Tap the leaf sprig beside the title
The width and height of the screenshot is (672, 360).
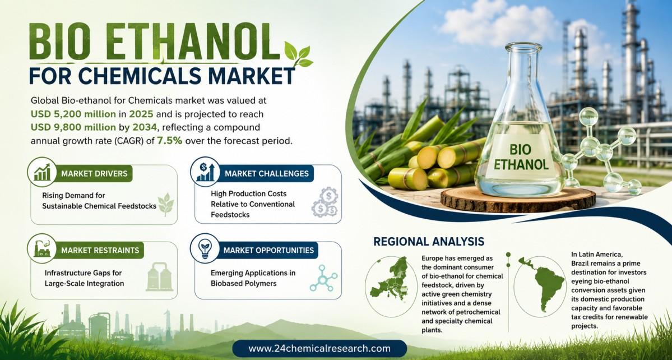[x=298, y=56]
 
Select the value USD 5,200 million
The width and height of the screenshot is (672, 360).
[x=73, y=114]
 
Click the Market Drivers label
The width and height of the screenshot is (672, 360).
[x=94, y=174]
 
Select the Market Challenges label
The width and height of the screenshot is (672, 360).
[x=267, y=174]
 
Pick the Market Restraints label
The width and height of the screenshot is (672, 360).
[x=100, y=250]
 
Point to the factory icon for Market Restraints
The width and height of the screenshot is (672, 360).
[x=42, y=248]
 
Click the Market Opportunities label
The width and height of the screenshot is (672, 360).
[x=269, y=250]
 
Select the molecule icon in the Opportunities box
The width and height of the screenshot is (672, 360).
[x=323, y=278]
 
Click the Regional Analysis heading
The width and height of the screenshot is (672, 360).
[x=429, y=241]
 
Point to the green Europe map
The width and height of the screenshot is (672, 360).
[x=391, y=278]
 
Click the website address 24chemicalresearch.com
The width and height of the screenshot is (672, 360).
[x=319, y=348]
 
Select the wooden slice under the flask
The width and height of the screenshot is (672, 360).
[x=518, y=200]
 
